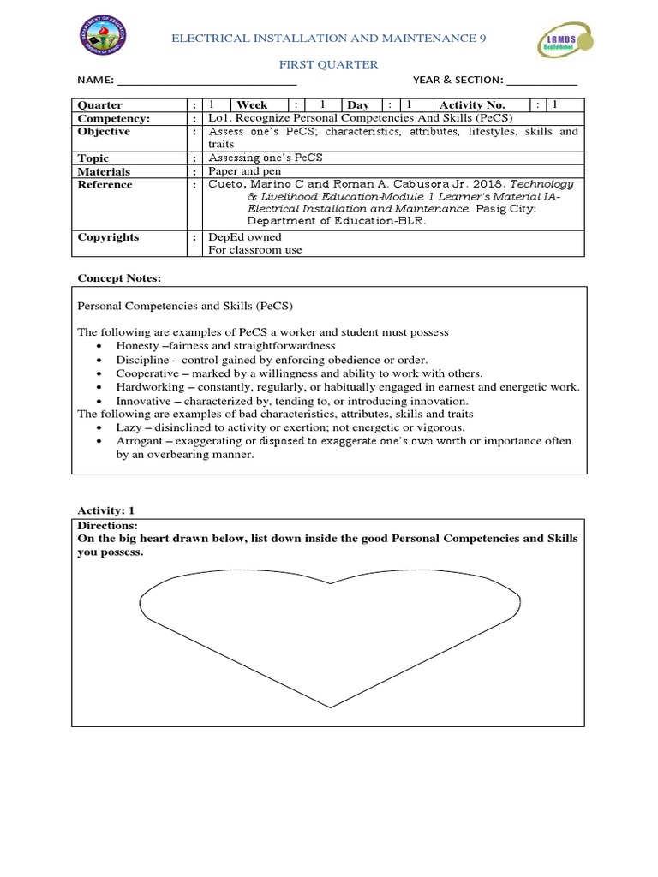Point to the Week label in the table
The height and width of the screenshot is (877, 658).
point(253,105)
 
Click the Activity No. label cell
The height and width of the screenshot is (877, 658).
point(472,105)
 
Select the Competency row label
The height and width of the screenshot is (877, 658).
point(114,118)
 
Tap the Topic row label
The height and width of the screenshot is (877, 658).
point(93,158)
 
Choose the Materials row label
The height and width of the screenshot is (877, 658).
point(104,171)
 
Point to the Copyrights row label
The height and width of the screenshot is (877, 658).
point(108,237)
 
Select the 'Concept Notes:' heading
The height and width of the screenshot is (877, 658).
point(119,279)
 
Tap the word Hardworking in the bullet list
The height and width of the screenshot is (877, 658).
point(151,387)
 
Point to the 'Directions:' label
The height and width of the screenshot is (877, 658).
point(107,525)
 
